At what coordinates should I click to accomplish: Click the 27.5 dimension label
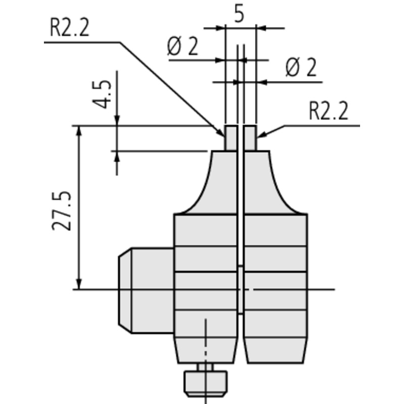[61, 211]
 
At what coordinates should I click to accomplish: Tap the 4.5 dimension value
[102, 94]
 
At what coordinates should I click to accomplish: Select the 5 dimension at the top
[239, 15]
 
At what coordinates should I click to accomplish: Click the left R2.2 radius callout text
[70, 28]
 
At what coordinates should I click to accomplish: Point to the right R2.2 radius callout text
[329, 111]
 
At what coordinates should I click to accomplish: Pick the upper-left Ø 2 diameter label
[183, 46]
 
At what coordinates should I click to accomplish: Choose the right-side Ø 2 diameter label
[301, 68]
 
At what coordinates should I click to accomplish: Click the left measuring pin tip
[231, 138]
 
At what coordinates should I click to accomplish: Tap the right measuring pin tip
[250, 138]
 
